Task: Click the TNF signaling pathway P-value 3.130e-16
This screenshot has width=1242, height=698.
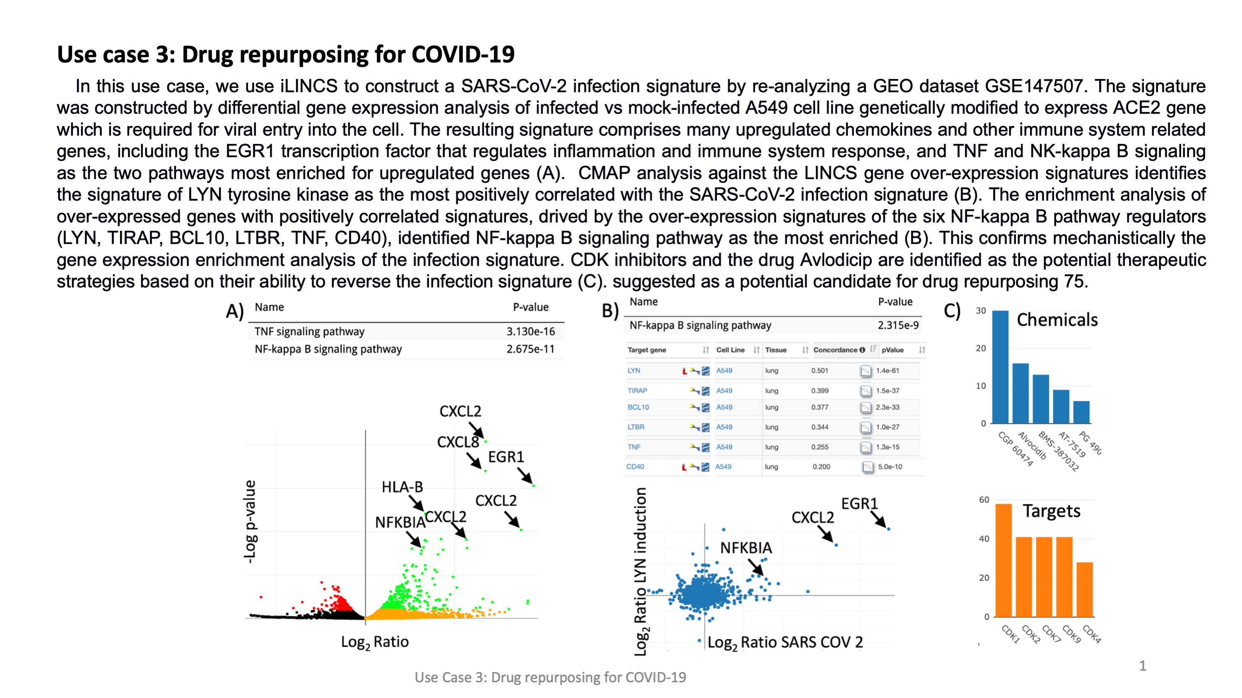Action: click(531, 331)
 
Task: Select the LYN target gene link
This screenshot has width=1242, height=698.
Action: click(634, 370)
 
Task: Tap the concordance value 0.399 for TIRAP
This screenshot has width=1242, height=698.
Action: click(820, 391)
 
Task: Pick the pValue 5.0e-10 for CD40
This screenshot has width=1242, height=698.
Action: click(890, 467)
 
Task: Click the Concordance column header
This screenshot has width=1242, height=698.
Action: click(836, 350)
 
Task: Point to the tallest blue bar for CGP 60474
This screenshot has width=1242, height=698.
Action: click(1001, 366)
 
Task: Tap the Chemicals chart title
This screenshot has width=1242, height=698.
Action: click(1057, 320)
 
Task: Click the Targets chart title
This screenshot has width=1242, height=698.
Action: click(1051, 511)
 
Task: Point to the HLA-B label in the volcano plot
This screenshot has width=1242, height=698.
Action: click(402, 487)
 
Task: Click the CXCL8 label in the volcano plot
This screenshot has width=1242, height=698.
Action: click(458, 442)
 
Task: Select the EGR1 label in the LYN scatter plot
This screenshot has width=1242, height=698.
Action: click(859, 504)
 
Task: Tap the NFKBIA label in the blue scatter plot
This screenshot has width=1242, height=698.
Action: click(746, 548)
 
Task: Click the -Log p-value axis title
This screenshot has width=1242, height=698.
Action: click(250, 522)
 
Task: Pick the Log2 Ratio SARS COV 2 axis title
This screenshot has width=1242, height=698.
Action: click(785, 643)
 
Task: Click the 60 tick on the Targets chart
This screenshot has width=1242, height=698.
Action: click(984, 499)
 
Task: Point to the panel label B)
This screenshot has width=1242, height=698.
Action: click(610, 311)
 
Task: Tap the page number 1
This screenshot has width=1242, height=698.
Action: click(1142, 666)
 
